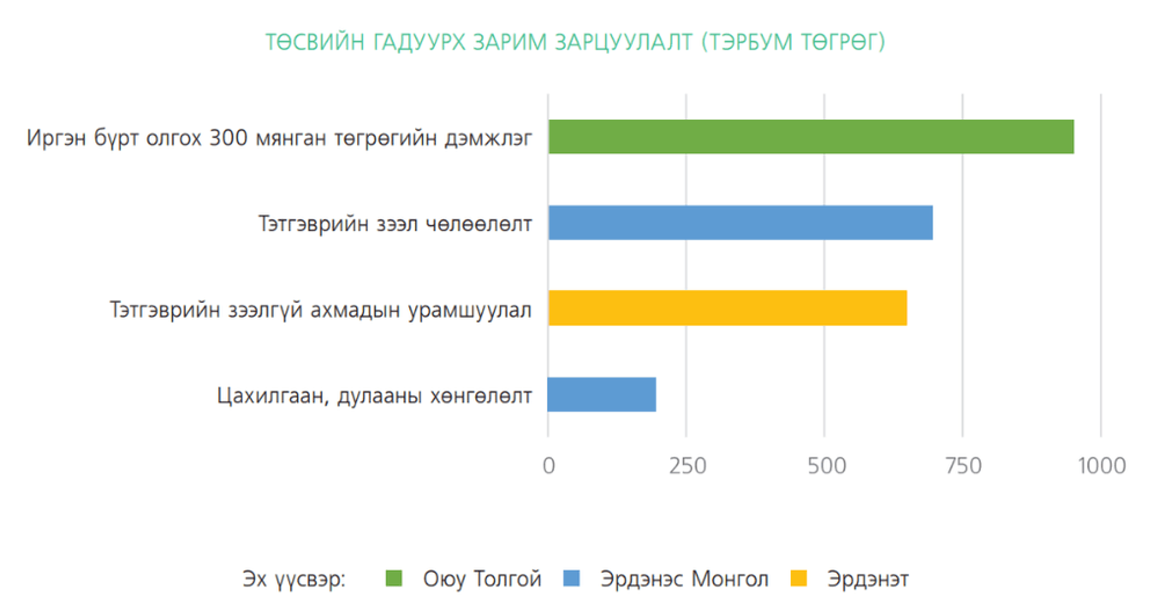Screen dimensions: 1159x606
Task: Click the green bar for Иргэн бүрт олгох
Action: [x=811, y=137]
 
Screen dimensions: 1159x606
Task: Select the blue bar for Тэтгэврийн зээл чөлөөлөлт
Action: [x=740, y=223]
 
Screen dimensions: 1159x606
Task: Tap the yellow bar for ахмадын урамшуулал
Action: [x=728, y=308]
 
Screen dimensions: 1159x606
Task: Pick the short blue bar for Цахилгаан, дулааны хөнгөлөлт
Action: [x=601, y=394]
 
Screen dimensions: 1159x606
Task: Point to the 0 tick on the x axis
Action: [x=548, y=466]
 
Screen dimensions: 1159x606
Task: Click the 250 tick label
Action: [x=687, y=466]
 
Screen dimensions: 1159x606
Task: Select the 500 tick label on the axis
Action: [x=827, y=466]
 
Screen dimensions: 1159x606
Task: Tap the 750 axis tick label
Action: [x=963, y=466]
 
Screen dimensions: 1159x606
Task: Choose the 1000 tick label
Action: [x=1102, y=466]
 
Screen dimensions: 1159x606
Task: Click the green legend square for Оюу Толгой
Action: [x=394, y=578]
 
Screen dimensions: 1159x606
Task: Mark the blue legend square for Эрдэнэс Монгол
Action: [x=571, y=578]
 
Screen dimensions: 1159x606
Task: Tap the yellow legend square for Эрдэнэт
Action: [x=798, y=578]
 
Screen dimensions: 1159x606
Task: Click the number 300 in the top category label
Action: [x=228, y=137]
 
